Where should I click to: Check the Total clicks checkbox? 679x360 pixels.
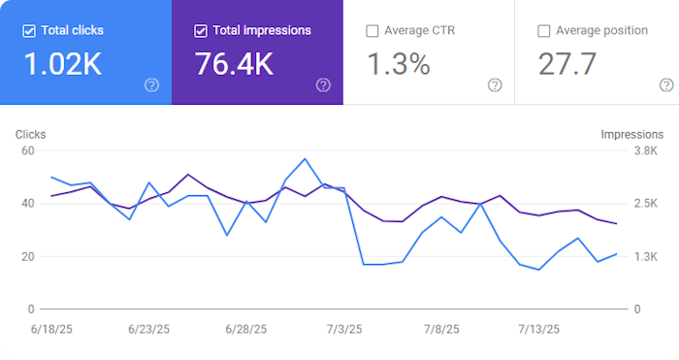tap(30, 30)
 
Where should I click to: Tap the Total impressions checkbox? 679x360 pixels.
tap(202, 30)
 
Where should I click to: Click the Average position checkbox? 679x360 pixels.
tap(544, 31)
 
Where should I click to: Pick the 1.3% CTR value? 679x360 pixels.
tap(399, 64)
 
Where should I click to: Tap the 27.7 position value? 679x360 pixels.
tap(568, 64)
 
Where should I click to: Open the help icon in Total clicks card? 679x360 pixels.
tap(151, 85)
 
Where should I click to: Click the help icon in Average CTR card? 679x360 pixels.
tap(495, 85)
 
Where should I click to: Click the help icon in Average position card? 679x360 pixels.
tap(665, 85)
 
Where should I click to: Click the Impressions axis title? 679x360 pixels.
tap(631, 135)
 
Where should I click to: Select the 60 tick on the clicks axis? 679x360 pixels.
tap(27, 151)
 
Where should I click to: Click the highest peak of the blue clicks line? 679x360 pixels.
tap(306, 158)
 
